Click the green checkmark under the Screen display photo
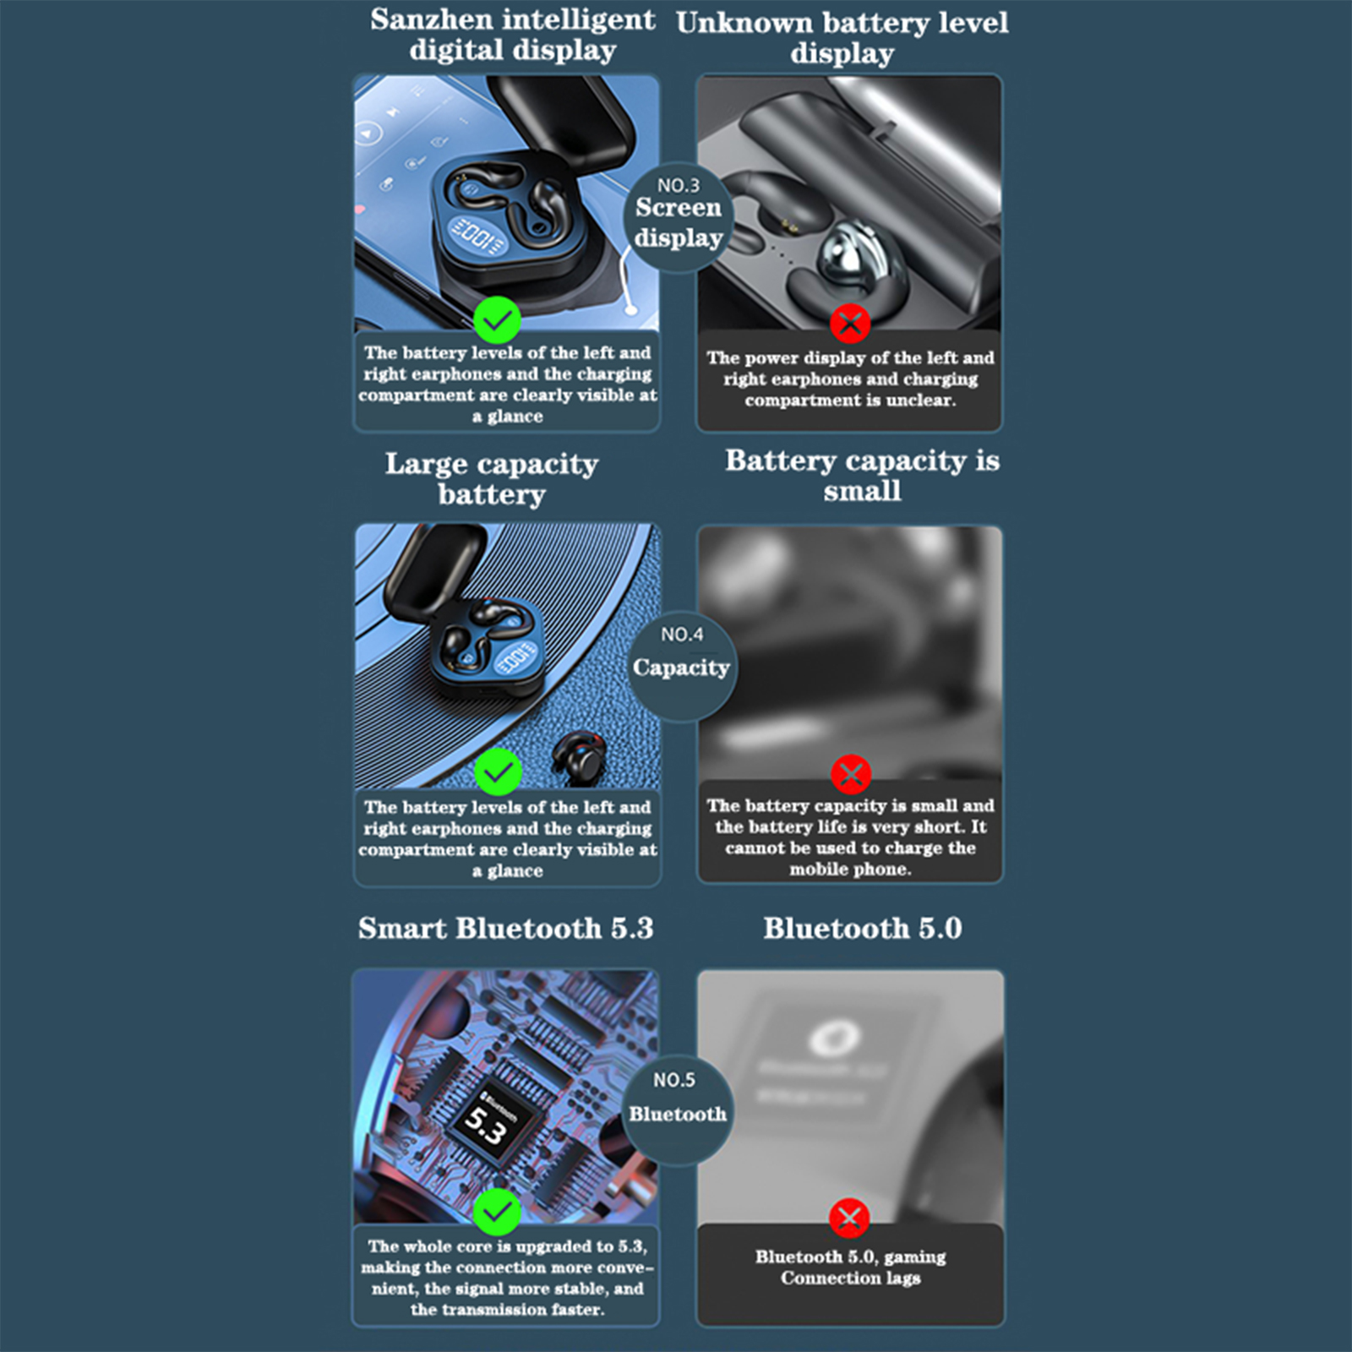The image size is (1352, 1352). pyautogui.click(x=497, y=320)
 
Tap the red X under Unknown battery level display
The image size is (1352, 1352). pyautogui.click(x=850, y=323)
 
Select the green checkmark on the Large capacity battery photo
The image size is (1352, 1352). pyautogui.click(x=498, y=771)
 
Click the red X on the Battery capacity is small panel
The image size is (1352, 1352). pyautogui.click(x=851, y=774)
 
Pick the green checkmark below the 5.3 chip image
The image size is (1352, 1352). pyautogui.click(x=497, y=1212)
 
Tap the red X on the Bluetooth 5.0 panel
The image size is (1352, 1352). pyautogui.click(x=849, y=1218)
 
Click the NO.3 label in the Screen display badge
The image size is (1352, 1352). pyautogui.click(x=679, y=185)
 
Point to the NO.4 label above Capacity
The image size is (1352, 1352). pyautogui.click(x=682, y=634)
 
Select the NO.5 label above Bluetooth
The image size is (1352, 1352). pyautogui.click(x=674, y=1080)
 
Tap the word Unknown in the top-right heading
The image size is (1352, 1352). pyautogui.click(x=744, y=23)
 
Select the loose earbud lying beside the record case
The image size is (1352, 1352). pyautogui.click(x=579, y=757)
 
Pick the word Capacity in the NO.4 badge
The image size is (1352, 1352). pyautogui.click(x=681, y=668)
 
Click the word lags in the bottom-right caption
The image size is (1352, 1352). pyautogui.click(x=903, y=1278)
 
